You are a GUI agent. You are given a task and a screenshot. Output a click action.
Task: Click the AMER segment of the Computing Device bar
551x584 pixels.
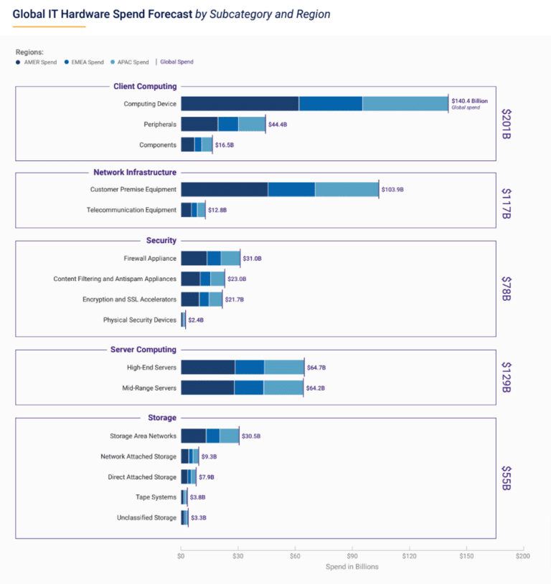pyautogui.click(x=240, y=104)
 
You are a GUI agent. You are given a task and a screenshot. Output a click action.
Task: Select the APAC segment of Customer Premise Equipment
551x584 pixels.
pyautogui.click(x=347, y=189)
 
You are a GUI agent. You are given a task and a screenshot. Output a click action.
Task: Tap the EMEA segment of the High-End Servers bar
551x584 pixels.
pyautogui.click(x=249, y=367)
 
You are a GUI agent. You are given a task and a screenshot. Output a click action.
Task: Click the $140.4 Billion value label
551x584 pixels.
pyautogui.click(x=469, y=102)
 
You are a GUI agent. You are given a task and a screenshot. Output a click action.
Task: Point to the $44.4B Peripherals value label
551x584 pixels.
pyautogui.click(x=278, y=125)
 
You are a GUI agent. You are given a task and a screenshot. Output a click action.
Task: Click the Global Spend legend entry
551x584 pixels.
pyautogui.click(x=176, y=62)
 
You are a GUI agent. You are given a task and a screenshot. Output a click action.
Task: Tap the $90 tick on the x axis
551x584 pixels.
pyautogui.click(x=352, y=555)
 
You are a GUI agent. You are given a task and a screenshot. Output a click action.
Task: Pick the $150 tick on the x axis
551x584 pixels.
pyautogui.click(x=466, y=555)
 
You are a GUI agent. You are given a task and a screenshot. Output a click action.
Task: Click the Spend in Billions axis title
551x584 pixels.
pyautogui.click(x=352, y=567)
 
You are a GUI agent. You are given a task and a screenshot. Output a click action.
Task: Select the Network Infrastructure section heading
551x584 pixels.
pyautogui.click(x=135, y=172)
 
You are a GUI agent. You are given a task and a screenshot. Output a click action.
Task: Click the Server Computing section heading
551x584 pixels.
pyautogui.click(x=143, y=350)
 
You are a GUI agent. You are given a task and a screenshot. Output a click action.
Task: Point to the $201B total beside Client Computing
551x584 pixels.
pyautogui.click(x=507, y=125)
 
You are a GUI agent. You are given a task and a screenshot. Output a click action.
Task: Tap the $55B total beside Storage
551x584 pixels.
pyautogui.click(x=507, y=477)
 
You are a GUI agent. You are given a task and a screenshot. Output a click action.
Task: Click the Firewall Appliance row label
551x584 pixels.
pyautogui.click(x=150, y=258)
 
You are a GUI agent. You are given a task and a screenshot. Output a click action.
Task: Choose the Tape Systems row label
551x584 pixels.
pyautogui.click(x=156, y=497)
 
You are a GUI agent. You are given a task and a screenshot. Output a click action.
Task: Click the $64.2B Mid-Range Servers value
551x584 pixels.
pyautogui.click(x=316, y=388)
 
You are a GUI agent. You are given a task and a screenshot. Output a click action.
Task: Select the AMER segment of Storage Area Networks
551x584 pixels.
pyautogui.click(x=193, y=436)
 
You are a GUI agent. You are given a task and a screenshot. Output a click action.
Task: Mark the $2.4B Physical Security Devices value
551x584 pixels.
pyautogui.click(x=197, y=320)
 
